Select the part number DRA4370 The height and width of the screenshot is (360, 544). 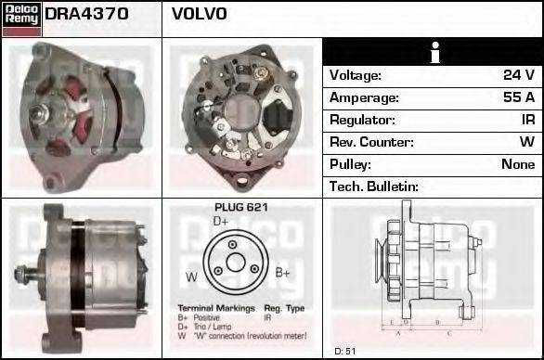86,14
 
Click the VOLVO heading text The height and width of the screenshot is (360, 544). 200,14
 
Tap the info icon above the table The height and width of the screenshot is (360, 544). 434,53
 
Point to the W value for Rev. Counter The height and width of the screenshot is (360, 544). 526,142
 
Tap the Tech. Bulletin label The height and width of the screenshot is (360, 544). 374,186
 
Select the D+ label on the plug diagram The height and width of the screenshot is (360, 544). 221,222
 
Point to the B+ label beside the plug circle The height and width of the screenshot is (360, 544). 283,272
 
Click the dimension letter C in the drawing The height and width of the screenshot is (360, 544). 448,332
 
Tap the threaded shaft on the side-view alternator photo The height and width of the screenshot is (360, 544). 22,275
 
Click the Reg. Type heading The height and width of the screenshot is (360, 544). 284,307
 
